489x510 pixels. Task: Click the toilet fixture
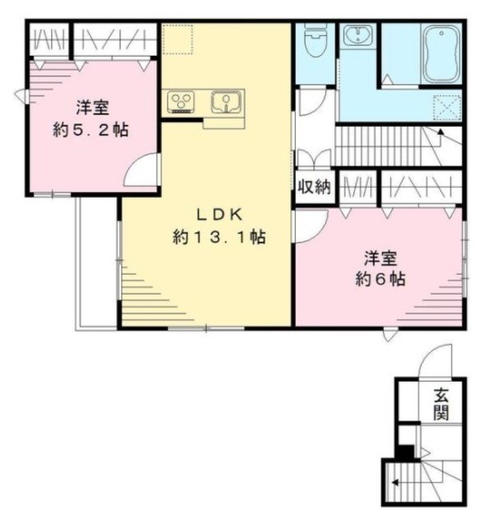(x=316, y=40)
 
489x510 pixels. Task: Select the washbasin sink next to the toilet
(x=357, y=37)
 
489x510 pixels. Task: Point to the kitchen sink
(x=227, y=102)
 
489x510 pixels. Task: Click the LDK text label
(x=219, y=214)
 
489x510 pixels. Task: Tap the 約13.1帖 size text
(x=219, y=237)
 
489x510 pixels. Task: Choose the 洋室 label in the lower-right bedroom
(x=380, y=257)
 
